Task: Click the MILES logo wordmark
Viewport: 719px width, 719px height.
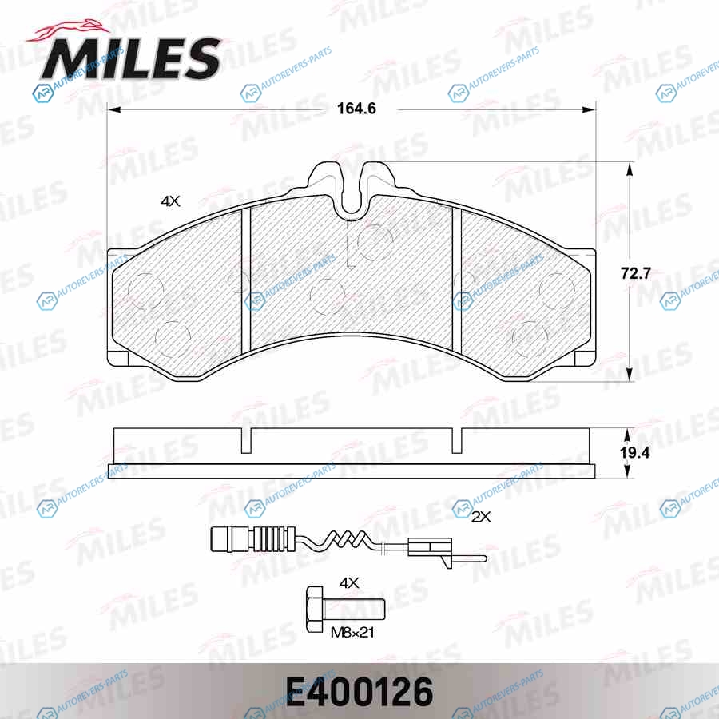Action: (x=131, y=58)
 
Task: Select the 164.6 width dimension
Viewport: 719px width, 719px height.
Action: (x=356, y=109)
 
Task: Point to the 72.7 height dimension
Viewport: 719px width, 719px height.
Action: (x=636, y=273)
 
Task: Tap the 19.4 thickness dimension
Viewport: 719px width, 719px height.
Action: (x=635, y=453)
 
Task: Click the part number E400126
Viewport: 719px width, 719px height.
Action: (x=359, y=691)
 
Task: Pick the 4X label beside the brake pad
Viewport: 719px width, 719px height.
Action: (x=170, y=201)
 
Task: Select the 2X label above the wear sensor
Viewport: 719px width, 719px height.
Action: (x=481, y=517)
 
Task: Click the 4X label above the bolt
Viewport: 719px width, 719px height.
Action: (x=348, y=583)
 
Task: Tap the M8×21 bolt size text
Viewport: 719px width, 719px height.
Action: (x=352, y=633)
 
